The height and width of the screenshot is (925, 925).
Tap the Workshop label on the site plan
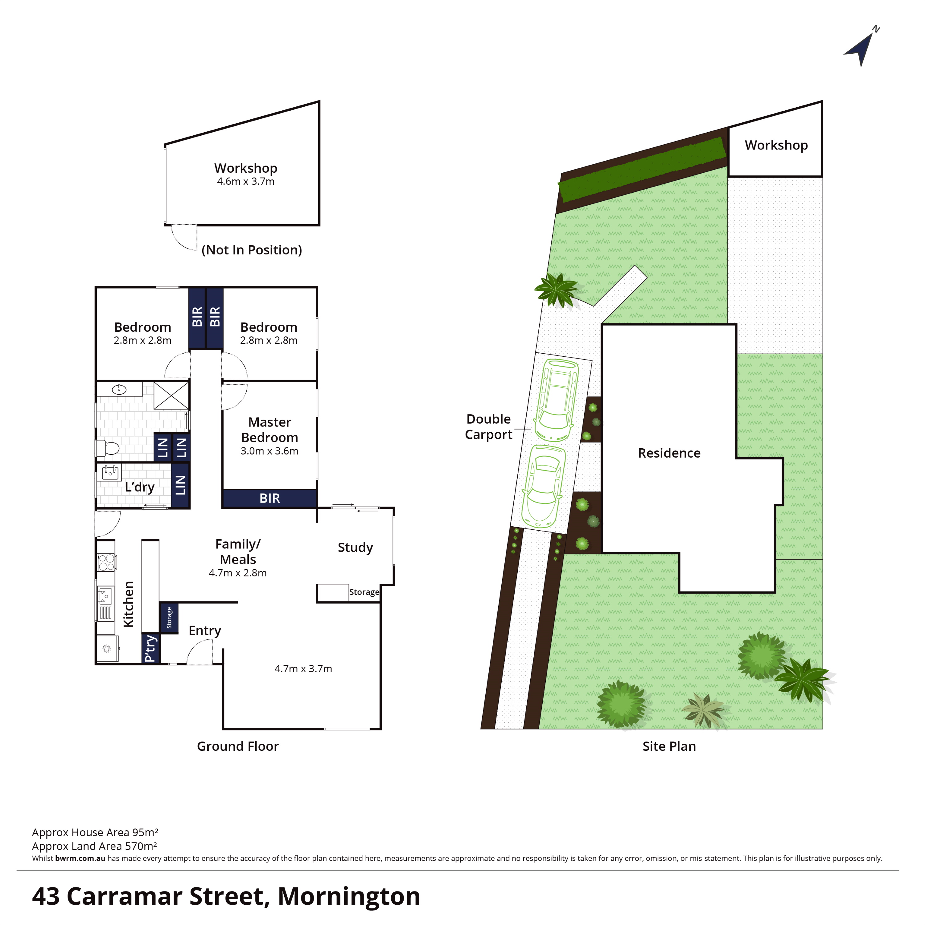pyautogui.click(x=776, y=145)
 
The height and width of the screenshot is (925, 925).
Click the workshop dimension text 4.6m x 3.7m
pyautogui.click(x=246, y=182)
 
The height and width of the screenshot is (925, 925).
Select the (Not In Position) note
pyautogui.click(x=252, y=250)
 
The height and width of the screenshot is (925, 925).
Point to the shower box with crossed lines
pyautogui.click(x=171, y=396)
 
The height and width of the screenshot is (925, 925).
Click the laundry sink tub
pyautogui.click(x=110, y=473)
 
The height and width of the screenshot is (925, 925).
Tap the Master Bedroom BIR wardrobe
pyautogui.click(x=269, y=498)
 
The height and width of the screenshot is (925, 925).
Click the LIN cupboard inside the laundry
pyautogui.click(x=180, y=485)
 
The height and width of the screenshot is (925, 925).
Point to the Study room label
pyautogui.click(x=355, y=547)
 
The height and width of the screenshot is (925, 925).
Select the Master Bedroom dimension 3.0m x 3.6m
pyautogui.click(x=269, y=451)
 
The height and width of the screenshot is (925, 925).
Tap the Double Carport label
pyautogui.click(x=489, y=427)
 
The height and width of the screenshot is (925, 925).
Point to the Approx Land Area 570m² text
pyautogui.click(x=95, y=846)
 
